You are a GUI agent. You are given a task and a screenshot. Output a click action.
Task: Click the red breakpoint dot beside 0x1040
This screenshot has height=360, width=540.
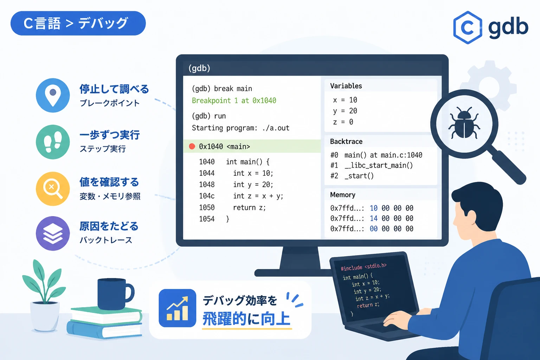[x=192, y=146]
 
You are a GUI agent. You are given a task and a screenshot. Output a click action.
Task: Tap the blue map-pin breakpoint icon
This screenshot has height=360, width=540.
[x=53, y=95]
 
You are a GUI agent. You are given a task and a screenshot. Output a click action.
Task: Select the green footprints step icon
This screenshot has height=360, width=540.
[x=53, y=142]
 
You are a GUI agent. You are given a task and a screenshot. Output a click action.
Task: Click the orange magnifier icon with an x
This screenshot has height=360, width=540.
[x=53, y=188]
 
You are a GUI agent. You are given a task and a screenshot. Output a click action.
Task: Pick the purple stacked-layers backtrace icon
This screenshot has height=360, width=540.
[x=53, y=233]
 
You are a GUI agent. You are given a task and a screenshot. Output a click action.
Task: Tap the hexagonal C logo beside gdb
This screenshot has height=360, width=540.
[x=468, y=27]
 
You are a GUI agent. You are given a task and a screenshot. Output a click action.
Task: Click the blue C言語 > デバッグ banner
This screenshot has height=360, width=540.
[x=78, y=23]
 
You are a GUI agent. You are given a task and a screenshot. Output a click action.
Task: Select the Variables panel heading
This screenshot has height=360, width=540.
[x=346, y=86]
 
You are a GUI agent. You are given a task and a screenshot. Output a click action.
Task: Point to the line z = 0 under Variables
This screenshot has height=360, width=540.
[x=343, y=122]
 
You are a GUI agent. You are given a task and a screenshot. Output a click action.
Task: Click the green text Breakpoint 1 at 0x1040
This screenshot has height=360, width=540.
[x=234, y=101]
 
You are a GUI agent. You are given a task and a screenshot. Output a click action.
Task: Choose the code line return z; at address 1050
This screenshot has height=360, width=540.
[x=249, y=208]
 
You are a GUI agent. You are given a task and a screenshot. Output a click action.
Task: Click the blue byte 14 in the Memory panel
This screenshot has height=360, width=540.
[x=374, y=218]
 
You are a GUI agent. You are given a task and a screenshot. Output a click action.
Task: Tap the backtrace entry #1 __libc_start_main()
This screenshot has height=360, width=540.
[x=372, y=166]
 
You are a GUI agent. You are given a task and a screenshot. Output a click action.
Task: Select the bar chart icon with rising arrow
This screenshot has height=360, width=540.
[x=177, y=308]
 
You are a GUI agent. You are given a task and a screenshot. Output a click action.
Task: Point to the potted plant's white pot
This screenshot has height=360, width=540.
[x=45, y=316]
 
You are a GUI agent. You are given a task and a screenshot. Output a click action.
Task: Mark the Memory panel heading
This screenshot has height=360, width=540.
[x=342, y=195]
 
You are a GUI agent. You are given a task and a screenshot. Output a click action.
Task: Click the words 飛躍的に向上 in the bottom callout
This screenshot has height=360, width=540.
[x=246, y=319]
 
